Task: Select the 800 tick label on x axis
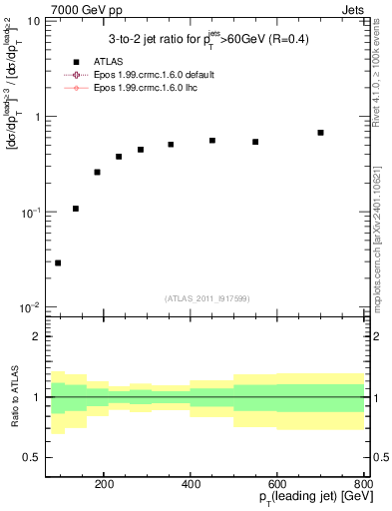point(363,484)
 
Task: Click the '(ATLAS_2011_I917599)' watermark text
point(207,298)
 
